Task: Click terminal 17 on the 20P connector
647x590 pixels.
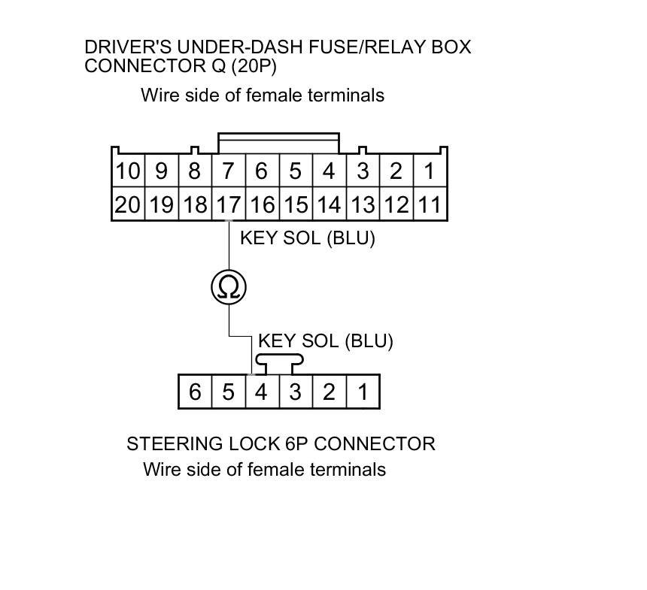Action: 228,204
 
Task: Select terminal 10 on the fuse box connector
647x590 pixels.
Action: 128,171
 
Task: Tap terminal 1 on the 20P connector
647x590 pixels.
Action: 429,171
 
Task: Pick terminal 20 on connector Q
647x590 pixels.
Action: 128,204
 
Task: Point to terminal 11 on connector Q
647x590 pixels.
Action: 429,204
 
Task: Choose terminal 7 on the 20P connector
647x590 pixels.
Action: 228,171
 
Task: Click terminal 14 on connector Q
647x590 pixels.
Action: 329,204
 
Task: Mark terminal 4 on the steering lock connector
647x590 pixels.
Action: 262,392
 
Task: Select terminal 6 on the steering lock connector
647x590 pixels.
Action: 195,392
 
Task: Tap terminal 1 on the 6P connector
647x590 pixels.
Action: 363,392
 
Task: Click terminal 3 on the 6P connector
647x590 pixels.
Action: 296,392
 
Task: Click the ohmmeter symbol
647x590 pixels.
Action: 229,286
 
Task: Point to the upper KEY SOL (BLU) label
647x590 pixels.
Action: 307,239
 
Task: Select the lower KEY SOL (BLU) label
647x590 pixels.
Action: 325,341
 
